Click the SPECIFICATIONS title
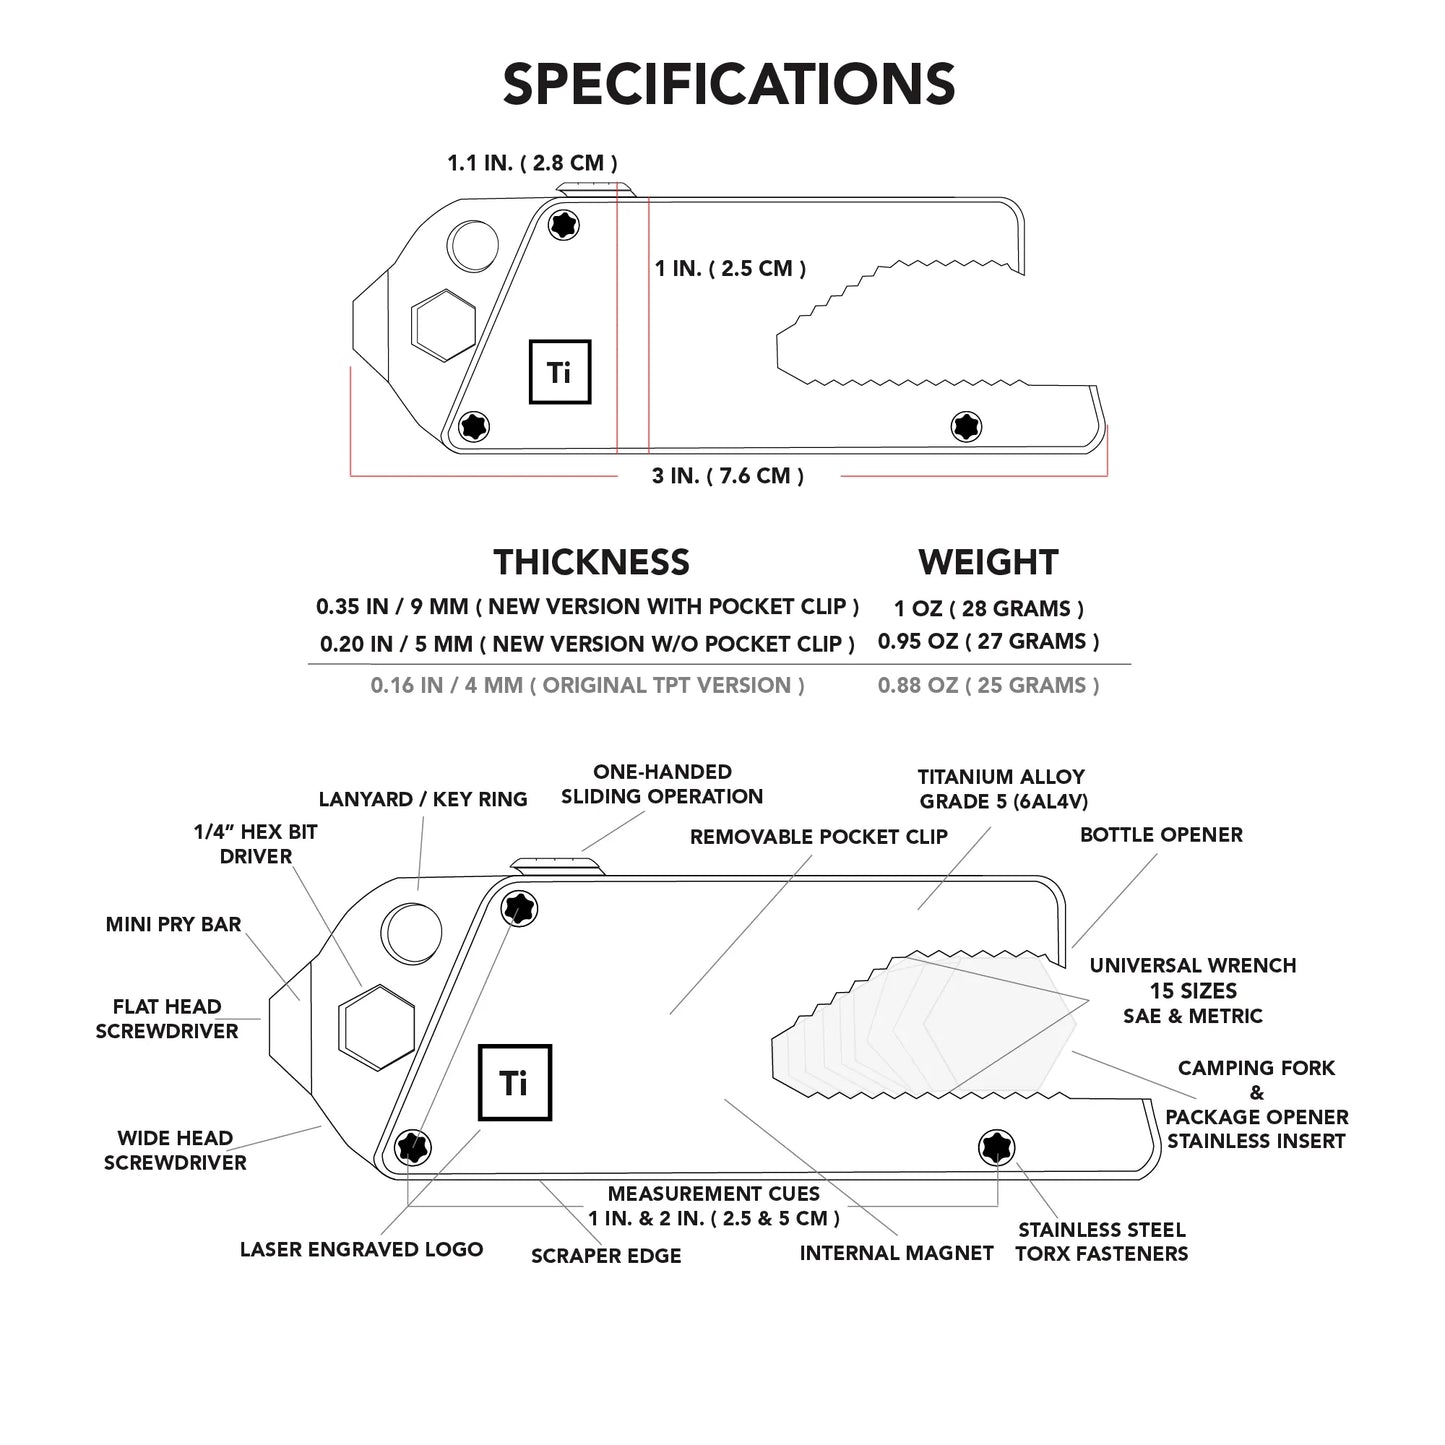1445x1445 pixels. pyautogui.click(x=728, y=84)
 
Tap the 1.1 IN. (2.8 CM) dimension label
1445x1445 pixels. pyautogui.click(x=531, y=163)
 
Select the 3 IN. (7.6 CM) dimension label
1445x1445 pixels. pyautogui.click(x=728, y=476)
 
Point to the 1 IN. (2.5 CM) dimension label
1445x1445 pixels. pyautogui.click(x=730, y=268)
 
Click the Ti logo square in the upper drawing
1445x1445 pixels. pyautogui.click(x=559, y=372)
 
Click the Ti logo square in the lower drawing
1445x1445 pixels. pyautogui.click(x=514, y=1082)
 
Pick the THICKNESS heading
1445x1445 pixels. pyautogui.click(x=591, y=562)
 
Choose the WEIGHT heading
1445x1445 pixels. pyautogui.click(x=987, y=562)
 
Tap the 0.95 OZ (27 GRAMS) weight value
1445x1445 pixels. pyautogui.click(x=988, y=641)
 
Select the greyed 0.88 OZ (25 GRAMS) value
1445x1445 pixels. pyautogui.click(x=988, y=685)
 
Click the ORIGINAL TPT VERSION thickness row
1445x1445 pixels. pyautogui.click(x=587, y=685)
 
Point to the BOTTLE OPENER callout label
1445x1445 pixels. pyautogui.click(x=1161, y=835)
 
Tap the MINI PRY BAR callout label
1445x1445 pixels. pyautogui.click(x=173, y=924)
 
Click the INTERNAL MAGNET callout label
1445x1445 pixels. pyautogui.click(x=896, y=1253)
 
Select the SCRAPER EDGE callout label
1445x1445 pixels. pyautogui.click(x=606, y=1256)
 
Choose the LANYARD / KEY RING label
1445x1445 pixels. pyautogui.click(x=422, y=799)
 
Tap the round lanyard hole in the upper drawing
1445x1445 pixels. pyautogui.click(x=473, y=243)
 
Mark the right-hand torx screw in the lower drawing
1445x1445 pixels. pyautogui.click(x=996, y=1147)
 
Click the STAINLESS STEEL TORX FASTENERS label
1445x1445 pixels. pyautogui.click(x=1101, y=1242)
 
